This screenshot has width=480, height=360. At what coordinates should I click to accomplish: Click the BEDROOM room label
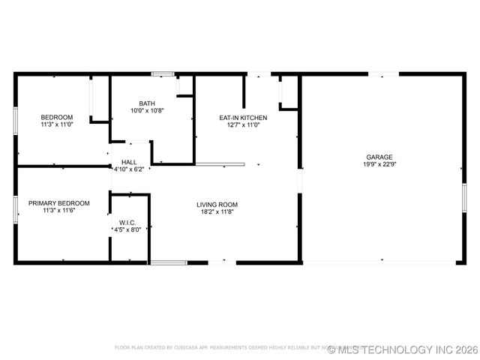57,117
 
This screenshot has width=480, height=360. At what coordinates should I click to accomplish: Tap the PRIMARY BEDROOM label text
59,203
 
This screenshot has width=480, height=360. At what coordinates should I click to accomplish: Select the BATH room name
147,103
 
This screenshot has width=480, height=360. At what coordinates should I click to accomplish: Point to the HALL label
129,162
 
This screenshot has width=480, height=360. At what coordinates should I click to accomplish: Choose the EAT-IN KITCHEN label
243,118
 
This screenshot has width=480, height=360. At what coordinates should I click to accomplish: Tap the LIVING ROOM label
217,205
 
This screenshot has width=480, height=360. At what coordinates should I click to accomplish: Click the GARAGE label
379,157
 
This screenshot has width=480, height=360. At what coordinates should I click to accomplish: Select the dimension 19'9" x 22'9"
379,164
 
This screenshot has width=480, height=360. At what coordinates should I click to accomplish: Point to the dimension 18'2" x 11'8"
217,212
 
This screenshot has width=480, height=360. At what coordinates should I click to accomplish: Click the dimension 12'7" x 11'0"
243,124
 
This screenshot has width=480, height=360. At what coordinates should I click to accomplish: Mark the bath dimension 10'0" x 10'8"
147,110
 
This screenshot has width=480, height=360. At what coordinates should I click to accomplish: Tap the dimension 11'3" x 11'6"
59,211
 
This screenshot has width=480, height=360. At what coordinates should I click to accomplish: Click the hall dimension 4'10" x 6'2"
129,169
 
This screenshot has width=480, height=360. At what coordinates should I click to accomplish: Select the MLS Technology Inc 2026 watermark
403,349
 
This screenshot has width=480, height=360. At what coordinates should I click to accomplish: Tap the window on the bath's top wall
163,73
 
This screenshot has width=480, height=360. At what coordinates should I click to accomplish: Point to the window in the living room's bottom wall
168,262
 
